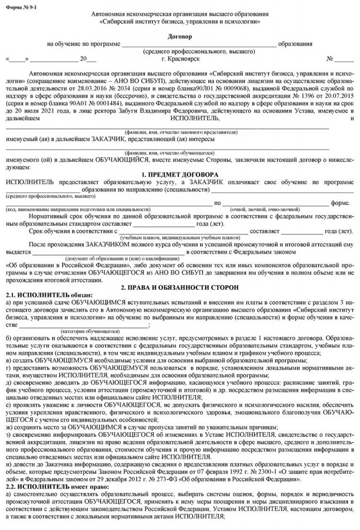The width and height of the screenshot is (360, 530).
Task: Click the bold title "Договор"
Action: click(x=180, y=37)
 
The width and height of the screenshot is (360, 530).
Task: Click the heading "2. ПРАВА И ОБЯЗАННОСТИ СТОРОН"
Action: click(x=180, y=286)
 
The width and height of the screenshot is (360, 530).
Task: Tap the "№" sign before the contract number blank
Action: click(x=322, y=59)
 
